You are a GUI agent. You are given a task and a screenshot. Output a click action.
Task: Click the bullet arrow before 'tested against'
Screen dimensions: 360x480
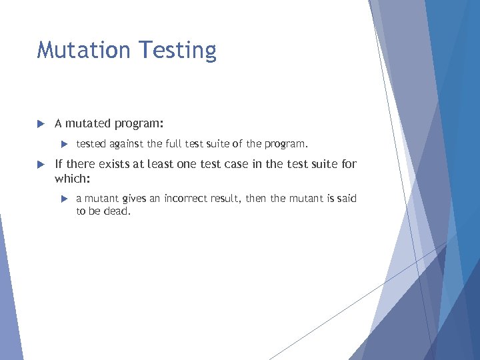(x=65, y=143)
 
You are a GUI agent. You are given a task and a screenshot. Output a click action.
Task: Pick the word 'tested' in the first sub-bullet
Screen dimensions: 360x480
(x=91, y=143)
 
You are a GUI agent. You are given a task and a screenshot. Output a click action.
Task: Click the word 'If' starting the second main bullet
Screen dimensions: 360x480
(x=59, y=164)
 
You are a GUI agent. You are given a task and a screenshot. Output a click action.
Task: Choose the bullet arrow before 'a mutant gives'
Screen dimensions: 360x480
(x=65, y=199)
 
